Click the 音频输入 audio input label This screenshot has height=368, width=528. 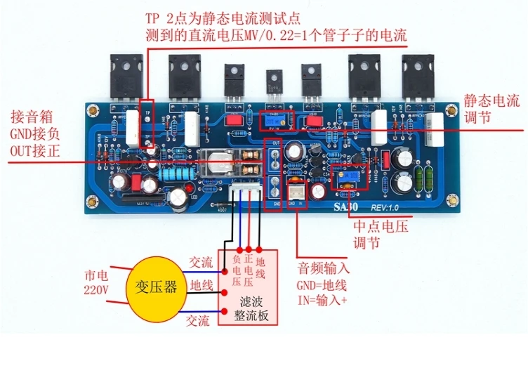point(324,268)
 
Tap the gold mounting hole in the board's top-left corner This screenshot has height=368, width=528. point(91,110)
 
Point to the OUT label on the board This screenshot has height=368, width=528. point(277,143)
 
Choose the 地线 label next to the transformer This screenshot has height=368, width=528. point(202,287)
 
